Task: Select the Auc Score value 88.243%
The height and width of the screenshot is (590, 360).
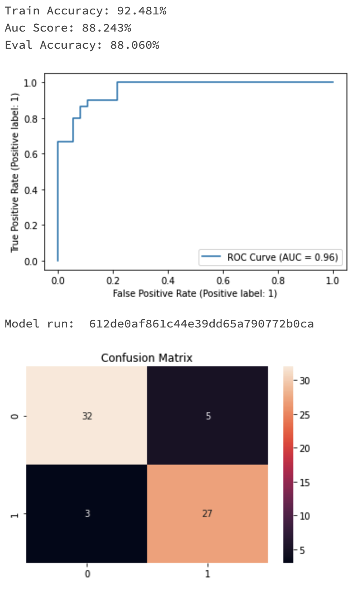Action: point(106,28)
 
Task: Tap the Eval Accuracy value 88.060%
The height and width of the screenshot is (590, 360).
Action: point(134,45)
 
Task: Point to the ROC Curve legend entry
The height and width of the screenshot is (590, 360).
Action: point(270,258)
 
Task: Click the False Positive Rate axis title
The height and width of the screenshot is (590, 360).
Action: point(195,294)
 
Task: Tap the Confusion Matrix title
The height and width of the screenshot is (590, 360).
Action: point(147,358)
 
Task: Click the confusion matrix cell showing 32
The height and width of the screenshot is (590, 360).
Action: point(87,416)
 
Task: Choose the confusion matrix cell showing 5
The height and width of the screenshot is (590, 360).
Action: point(208,416)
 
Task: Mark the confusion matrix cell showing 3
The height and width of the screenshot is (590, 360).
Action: point(87,514)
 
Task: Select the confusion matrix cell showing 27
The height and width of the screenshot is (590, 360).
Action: point(208,514)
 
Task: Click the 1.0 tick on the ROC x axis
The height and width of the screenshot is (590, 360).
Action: point(333,280)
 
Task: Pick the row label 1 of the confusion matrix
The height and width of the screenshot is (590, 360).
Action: point(16,514)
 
